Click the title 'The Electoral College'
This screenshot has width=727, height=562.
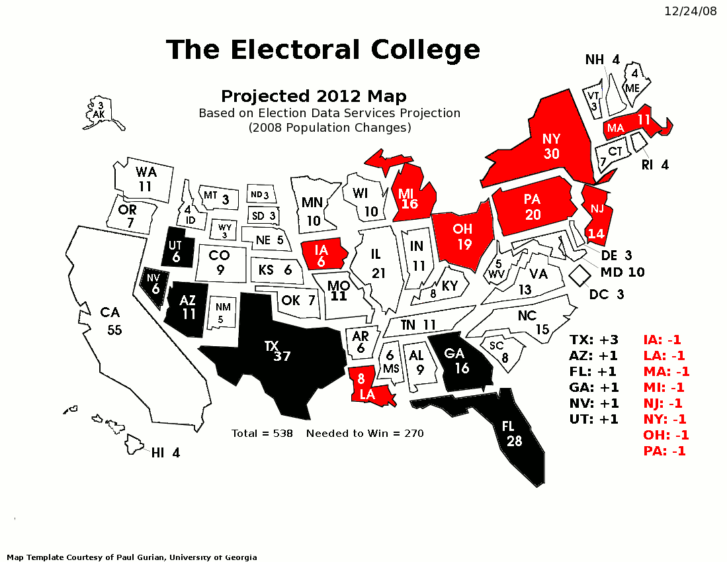(x=323, y=50)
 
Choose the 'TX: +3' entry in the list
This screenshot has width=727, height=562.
(x=593, y=340)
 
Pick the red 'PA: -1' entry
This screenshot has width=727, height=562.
(x=664, y=451)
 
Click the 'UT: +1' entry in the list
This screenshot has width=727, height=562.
(x=593, y=419)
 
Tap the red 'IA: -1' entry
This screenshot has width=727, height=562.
(x=662, y=340)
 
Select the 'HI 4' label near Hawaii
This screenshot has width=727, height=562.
(x=165, y=453)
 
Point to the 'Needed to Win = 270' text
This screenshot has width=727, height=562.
(x=364, y=434)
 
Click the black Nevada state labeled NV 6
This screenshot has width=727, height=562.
(x=154, y=285)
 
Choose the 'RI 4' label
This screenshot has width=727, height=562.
(x=655, y=165)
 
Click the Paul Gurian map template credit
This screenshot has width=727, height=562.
(x=132, y=557)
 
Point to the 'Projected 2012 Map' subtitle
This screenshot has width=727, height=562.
(x=314, y=97)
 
